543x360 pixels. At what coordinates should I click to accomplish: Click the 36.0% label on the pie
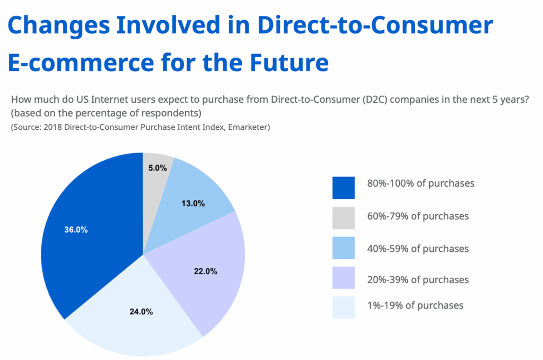pyautogui.click(x=77, y=230)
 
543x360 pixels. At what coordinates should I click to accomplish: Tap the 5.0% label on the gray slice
pyautogui.click(x=157, y=168)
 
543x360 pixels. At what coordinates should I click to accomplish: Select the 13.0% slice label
pyautogui.click(x=194, y=203)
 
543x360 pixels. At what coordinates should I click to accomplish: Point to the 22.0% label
pyautogui.click(x=206, y=271)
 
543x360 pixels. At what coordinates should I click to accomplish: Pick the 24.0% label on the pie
pyautogui.click(x=142, y=312)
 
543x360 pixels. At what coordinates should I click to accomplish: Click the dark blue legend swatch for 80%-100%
pyautogui.click(x=343, y=188)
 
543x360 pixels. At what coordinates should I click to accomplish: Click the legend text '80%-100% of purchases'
pyautogui.click(x=421, y=183)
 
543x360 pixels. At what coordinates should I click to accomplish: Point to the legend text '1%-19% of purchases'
pyautogui.click(x=415, y=305)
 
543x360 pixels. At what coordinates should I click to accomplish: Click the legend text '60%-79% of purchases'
pyautogui.click(x=418, y=216)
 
